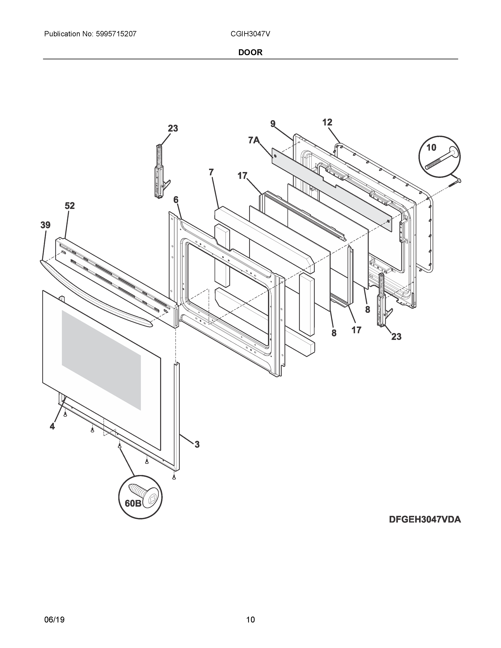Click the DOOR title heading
tap(250, 52)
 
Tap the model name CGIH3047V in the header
tap(250, 34)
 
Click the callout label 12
tap(327, 122)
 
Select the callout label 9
tap(273, 124)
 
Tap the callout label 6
tap(176, 200)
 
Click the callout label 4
tap(52, 426)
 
